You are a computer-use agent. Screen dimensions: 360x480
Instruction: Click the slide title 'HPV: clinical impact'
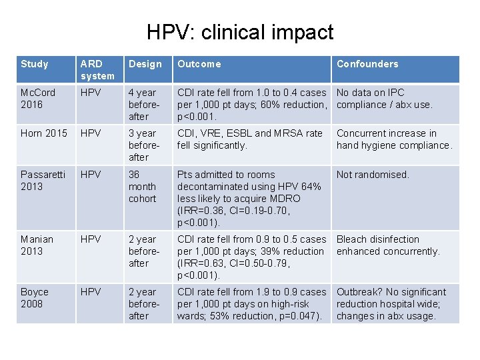240,32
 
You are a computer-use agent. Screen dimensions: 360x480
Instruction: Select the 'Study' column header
35,64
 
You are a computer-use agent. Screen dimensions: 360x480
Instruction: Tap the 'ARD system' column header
97,69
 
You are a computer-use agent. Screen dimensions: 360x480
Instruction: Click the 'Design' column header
145,64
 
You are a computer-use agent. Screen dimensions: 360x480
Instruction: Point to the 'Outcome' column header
199,64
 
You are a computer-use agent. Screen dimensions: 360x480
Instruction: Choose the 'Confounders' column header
367,64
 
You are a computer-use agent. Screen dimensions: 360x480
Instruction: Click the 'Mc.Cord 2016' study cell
38,98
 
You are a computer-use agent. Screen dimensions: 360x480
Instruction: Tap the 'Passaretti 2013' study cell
43,180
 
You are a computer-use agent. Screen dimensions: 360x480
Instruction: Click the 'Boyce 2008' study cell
35,297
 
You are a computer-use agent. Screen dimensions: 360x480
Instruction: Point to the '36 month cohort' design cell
142,186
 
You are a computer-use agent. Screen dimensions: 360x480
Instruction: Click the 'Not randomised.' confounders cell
373,175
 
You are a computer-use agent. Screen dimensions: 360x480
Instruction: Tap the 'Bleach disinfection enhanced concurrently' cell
388,245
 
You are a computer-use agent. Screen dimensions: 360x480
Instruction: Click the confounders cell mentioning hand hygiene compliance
393,139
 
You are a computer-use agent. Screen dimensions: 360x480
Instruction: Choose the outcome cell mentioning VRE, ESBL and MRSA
249,139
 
